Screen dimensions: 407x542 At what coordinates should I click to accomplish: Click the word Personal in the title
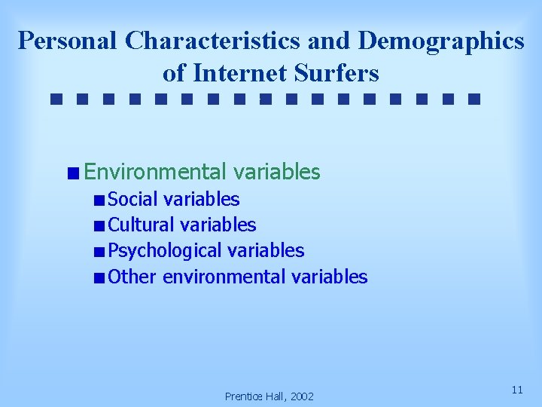click(x=68, y=41)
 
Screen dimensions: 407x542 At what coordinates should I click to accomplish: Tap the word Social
click(x=133, y=199)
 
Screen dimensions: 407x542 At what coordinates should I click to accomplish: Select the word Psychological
click(x=165, y=250)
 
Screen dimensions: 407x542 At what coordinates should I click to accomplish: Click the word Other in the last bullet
click(x=132, y=277)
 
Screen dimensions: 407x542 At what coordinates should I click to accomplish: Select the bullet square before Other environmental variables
click(x=99, y=277)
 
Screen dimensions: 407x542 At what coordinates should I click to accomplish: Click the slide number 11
click(x=517, y=390)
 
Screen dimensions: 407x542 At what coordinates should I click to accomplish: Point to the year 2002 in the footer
click(x=300, y=396)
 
